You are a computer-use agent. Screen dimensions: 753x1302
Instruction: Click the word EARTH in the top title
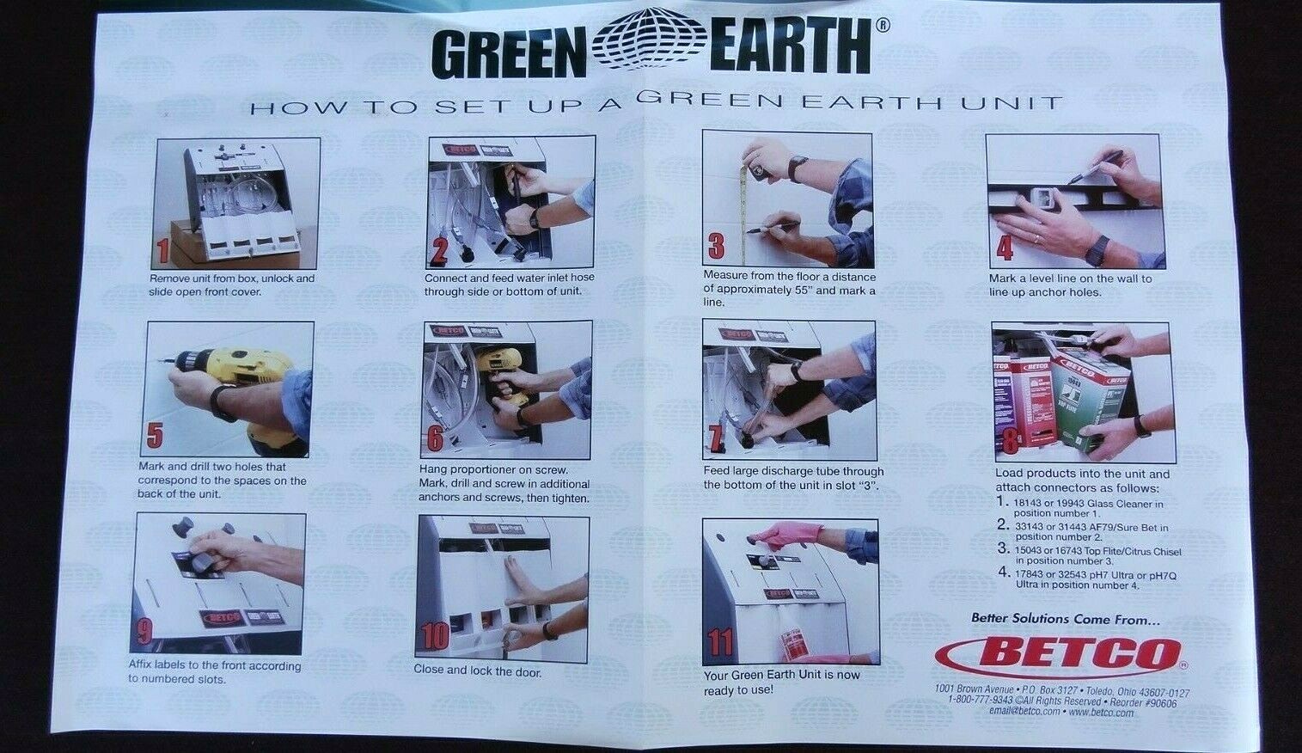(791, 50)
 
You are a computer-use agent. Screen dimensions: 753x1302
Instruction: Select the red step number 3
(716, 248)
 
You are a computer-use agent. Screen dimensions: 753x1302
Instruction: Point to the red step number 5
(155, 437)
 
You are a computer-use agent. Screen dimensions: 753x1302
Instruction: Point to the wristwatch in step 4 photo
(1096, 250)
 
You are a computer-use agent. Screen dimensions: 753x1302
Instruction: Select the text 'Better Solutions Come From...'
(1065, 618)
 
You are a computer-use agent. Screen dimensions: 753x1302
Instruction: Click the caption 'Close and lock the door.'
(478, 671)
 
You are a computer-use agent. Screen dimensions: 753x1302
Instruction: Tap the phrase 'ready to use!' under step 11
(738, 690)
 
